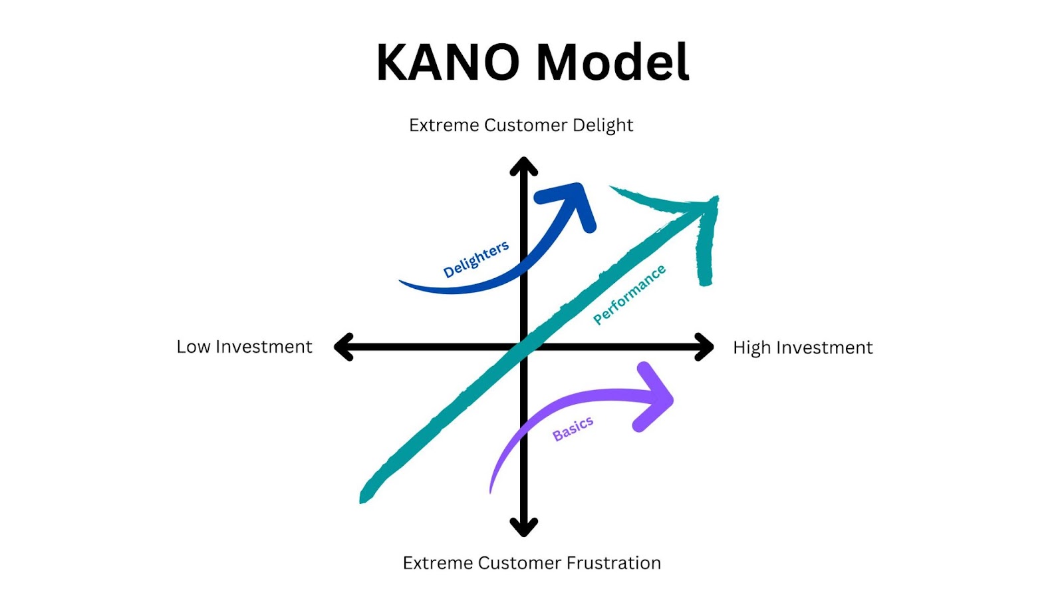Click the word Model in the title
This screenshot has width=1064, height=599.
coord(612,63)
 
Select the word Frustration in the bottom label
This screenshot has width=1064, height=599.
coord(613,563)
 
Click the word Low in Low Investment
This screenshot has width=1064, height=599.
coord(193,347)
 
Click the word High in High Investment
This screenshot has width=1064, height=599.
coord(751,347)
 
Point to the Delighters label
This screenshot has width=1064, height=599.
coord(476,259)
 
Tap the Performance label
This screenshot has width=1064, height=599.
coord(629,294)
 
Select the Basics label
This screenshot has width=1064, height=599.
coord(573,429)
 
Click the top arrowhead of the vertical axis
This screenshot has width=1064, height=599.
coord(524,166)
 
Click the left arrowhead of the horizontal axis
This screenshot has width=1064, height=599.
coord(342,347)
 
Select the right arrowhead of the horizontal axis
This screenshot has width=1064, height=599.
coord(706,347)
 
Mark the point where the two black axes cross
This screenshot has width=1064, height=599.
coord(524,347)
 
